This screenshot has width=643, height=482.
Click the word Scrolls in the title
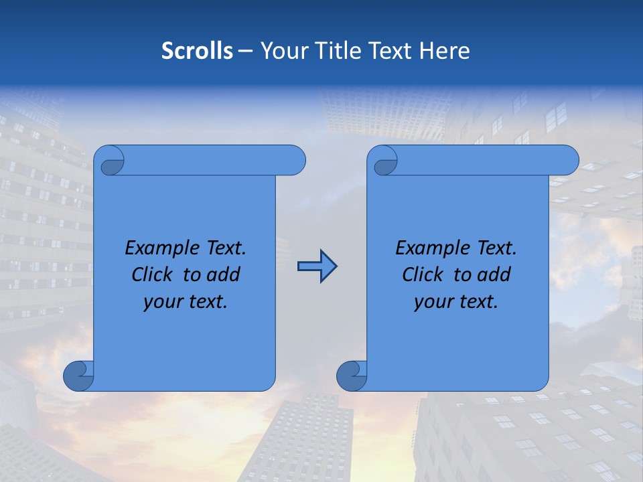pos(197,51)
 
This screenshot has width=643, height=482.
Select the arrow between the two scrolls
pos(317,266)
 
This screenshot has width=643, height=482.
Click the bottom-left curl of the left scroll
pos(78,376)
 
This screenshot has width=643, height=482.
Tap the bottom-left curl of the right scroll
pos(352,376)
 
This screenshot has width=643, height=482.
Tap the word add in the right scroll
pos(494,274)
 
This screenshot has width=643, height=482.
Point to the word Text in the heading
pos(390,51)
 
